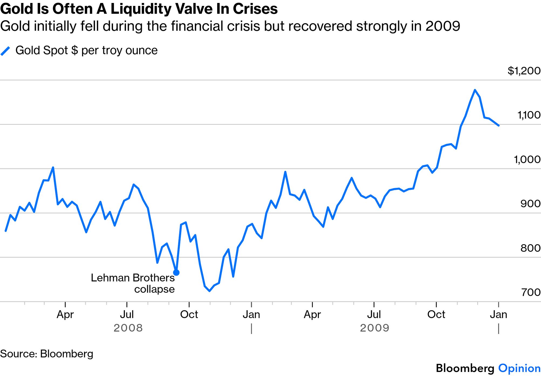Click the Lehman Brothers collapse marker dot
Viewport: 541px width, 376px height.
click(176, 273)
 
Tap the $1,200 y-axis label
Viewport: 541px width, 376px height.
click(524, 71)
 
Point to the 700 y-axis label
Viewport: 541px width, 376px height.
click(531, 292)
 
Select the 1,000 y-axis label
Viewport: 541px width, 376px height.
click(527, 159)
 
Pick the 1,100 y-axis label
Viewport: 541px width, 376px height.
click(529, 115)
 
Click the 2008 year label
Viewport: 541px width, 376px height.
click(128, 328)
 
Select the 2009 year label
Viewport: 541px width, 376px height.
click(375, 328)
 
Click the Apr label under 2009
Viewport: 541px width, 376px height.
click(312, 314)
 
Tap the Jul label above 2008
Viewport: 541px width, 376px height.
click(127, 314)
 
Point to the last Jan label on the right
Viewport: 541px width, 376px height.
click(498, 314)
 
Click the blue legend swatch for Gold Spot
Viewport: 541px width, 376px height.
click(5, 51)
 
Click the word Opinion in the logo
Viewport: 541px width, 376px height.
click(519, 368)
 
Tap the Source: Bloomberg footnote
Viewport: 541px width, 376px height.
click(47, 354)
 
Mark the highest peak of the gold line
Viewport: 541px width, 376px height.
click(475, 90)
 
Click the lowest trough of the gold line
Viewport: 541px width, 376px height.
click(209, 291)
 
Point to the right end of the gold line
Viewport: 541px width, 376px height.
click(498, 125)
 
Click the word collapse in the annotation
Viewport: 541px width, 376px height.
click(154, 289)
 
